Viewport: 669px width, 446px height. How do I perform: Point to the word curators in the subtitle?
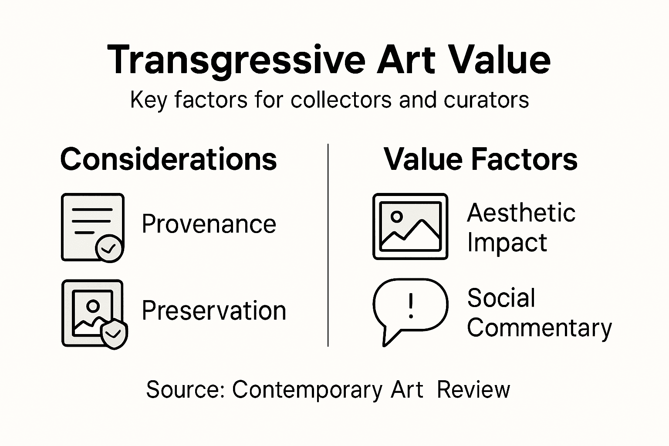[x=486, y=100]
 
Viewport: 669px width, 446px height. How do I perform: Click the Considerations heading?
[x=168, y=159]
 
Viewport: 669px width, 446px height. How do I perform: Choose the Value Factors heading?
[x=480, y=159]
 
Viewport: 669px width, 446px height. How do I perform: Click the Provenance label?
[x=209, y=224]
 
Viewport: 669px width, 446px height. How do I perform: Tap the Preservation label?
[x=214, y=311]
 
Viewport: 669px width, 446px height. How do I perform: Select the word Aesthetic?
[x=521, y=213]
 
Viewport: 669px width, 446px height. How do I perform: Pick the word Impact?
[x=507, y=243]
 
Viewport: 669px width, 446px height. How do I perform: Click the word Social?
[x=501, y=298]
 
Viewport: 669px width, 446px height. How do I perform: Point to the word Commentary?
[x=539, y=328]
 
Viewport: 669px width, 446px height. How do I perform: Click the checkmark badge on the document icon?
[x=109, y=248]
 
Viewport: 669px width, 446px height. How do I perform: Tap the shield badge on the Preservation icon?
[x=114, y=334]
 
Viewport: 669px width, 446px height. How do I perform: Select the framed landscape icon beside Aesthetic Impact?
[x=410, y=226]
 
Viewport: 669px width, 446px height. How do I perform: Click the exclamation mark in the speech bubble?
[x=410, y=305]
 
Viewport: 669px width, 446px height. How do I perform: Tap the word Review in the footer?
[x=473, y=389]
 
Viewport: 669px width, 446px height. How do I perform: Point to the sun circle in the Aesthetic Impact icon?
[x=396, y=216]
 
